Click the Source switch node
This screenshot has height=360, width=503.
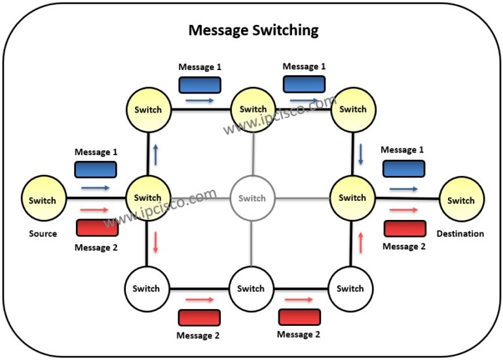[x=43, y=198]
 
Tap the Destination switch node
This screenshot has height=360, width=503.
[x=462, y=200]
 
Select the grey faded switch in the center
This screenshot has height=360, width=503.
[x=252, y=198]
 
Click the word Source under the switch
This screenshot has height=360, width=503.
[x=43, y=234]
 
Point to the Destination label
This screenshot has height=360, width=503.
[x=460, y=234]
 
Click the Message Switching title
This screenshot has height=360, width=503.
[x=253, y=30]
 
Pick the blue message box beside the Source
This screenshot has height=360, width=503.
[x=96, y=170]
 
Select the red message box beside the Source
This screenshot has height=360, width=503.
[x=97, y=228]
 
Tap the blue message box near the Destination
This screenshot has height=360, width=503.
[x=404, y=169]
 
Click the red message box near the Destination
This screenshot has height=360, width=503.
[x=405, y=228]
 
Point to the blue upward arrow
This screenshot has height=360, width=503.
[x=156, y=155]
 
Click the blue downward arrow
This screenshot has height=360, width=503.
[x=361, y=154]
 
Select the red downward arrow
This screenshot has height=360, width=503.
[x=156, y=242]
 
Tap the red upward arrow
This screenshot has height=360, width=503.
[x=361, y=243]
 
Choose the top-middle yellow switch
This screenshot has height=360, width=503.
[x=253, y=109]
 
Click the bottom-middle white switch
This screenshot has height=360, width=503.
[x=251, y=289]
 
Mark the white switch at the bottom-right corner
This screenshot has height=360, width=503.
[x=350, y=289]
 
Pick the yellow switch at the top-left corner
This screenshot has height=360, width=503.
[x=148, y=109]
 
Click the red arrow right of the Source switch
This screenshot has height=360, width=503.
[x=94, y=210]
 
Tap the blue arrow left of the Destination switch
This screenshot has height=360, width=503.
[x=403, y=189]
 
